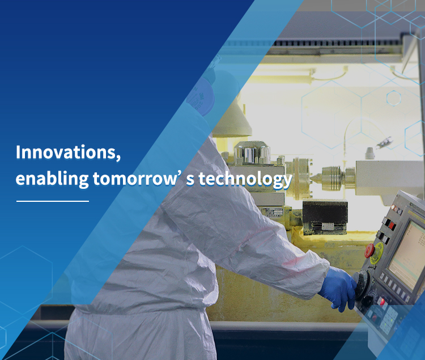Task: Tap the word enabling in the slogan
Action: [52, 179]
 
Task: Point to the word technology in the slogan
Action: [245, 180]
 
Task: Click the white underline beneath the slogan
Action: [53, 201]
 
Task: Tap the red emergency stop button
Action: [369, 250]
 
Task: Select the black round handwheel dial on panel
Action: [362, 282]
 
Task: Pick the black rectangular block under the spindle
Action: [325, 217]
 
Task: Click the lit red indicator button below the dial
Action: [382, 302]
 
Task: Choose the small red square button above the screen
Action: [391, 226]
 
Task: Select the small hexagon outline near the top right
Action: [394, 98]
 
